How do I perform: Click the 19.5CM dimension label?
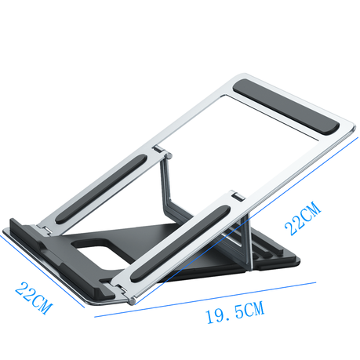[x=235, y=312]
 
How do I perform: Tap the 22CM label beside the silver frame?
[x=303, y=219]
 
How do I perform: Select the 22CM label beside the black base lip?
[x=34, y=298]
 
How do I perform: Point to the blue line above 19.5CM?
[x=205, y=300]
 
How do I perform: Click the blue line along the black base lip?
[x=42, y=271]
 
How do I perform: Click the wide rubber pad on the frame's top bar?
[x=286, y=107]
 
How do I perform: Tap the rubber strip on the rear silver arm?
[x=101, y=189]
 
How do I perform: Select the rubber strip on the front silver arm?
[x=180, y=243]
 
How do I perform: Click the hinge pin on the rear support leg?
[x=168, y=155]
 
